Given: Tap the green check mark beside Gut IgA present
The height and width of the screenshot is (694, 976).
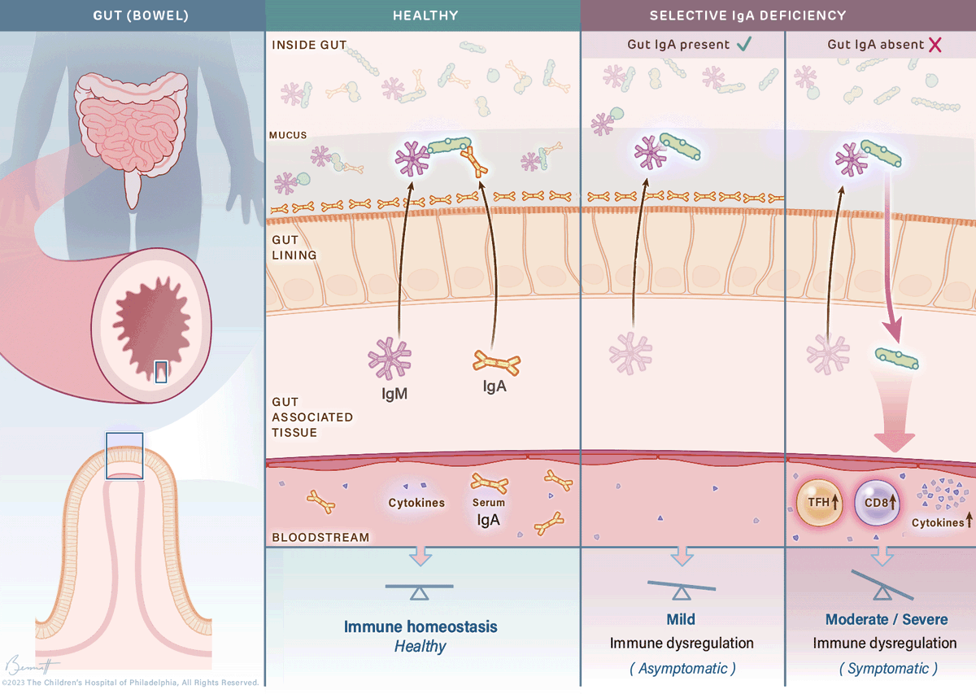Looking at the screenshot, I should pos(743,45).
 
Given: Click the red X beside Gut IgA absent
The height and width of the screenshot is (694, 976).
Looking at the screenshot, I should pos(935,45).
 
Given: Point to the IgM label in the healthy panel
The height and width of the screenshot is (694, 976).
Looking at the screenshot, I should pos(395,395).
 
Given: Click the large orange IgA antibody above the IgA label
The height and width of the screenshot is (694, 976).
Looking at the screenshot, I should pos(496,362).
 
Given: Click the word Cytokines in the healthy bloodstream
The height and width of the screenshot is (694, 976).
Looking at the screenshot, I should pos(416,503).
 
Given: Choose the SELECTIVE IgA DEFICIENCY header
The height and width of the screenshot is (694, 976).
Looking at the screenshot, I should pos(747,15).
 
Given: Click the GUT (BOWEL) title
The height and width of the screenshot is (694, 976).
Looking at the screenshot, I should pos(132,15).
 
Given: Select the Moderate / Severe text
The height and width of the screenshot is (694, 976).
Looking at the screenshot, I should pos(887,619).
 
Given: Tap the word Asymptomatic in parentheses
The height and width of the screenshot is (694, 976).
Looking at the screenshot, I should pos(682,668).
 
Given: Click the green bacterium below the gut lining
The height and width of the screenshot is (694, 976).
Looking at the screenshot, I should pos(897,356).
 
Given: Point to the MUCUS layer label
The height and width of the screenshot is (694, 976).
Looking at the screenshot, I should pos(290,135).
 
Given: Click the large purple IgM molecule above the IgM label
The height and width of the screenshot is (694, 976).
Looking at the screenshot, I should pos(390,358).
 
